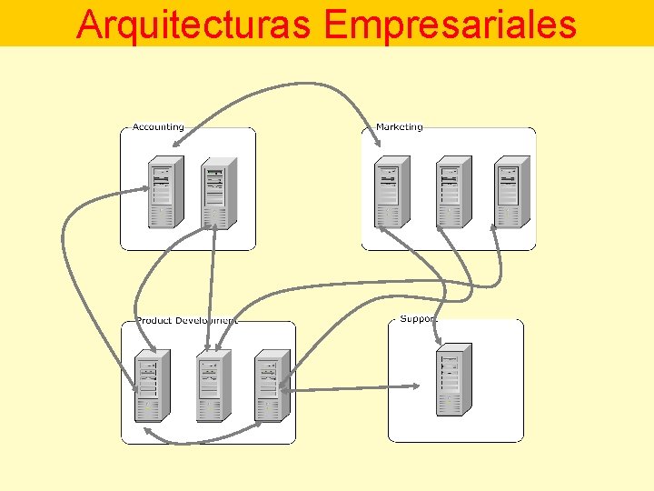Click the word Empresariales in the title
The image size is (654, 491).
point(450,25)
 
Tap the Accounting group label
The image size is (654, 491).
point(158,127)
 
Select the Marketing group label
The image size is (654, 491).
point(399,127)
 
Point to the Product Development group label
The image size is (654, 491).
point(186,320)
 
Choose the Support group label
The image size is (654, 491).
point(419,319)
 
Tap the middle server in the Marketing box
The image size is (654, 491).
point(452,193)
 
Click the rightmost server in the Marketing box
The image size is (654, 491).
point(511,193)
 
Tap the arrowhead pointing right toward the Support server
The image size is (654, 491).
point(415,386)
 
